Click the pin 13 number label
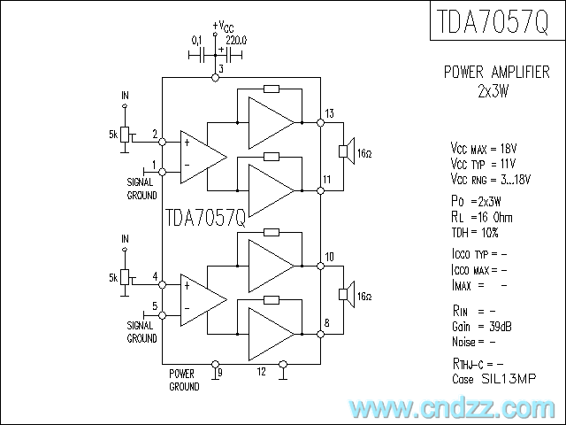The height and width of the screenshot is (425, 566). pyautogui.click(x=329, y=112)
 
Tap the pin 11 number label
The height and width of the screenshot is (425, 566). pyautogui.click(x=327, y=180)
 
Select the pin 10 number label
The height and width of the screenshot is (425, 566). pyautogui.click(x=329, y=257)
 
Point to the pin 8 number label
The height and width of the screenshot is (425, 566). pyautogui.click(x=327, y=323)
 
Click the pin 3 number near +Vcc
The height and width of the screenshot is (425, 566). pyautogui.click(x=219, y=68)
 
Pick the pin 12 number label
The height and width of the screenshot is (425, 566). pyautogui.click(x=261, y=371)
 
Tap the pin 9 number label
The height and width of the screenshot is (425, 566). pyautogui.click(x=219, y=373)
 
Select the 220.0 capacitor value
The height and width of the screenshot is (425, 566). pyautogui.click(x=236, y=40)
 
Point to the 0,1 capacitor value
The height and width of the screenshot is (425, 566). pyautogui.click(x=197, y=40)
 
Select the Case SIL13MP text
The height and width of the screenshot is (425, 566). pyautogui.click(x=494, y=379)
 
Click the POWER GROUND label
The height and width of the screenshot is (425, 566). pyautogui.click(x=184, y=380)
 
